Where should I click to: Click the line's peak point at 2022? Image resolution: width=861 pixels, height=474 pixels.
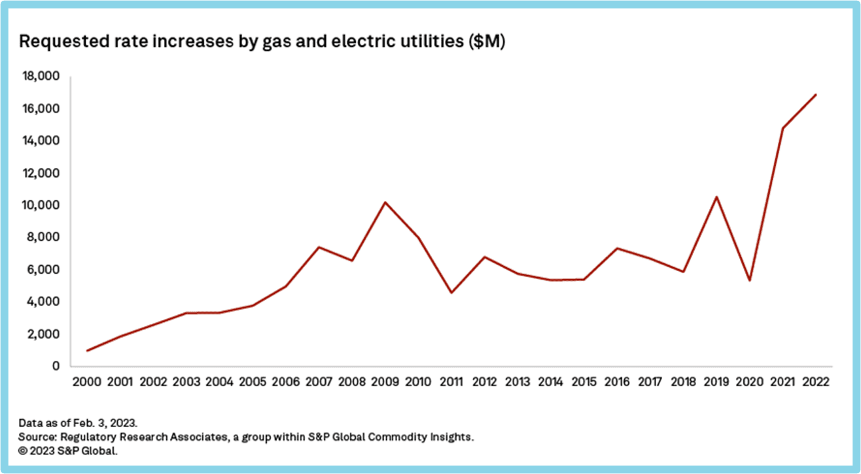click(816, 94)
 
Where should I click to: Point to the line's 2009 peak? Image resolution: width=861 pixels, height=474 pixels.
click(385, 202)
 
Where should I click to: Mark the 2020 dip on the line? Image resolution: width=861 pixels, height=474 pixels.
click(750, 280)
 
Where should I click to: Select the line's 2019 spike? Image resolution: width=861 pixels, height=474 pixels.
click(717, 197)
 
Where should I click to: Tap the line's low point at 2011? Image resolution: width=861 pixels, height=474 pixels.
click(451, 293)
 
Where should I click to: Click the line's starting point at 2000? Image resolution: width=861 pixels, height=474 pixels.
click(87, 350)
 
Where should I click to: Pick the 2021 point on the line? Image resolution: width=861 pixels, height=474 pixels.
click(782, 128)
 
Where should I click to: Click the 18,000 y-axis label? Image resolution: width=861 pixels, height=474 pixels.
click(41, 77)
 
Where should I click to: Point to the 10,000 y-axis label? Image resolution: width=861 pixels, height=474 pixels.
click(41, 205)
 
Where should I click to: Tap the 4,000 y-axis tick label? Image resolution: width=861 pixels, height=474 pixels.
click(43, 302)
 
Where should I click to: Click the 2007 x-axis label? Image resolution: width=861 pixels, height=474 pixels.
click(319, 382)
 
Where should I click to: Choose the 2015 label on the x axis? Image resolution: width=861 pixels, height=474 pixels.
click(584, 382)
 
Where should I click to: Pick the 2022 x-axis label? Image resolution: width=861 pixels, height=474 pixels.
click(816, 382)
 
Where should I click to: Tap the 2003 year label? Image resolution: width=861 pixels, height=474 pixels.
click(186, 382)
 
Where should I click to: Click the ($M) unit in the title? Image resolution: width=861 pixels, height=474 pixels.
click(487, 43)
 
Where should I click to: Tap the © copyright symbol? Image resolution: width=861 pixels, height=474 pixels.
click(23, 450)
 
